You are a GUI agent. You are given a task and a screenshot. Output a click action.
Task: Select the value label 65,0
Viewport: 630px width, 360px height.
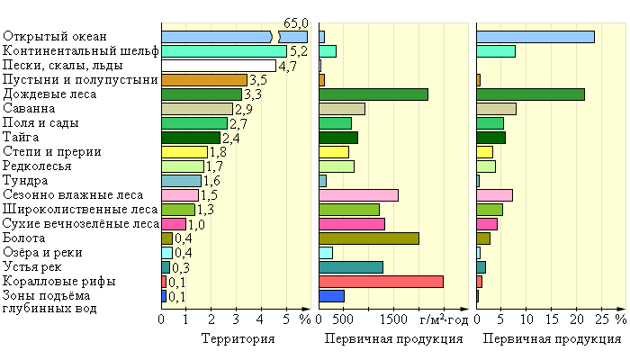click(296, 22)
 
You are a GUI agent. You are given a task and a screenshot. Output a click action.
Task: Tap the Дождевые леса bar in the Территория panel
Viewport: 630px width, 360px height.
click(202, 94)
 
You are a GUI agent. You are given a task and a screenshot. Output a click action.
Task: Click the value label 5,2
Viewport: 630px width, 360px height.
click(300, 51)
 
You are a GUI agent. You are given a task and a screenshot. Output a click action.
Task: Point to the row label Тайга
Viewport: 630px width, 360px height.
click(22, 138)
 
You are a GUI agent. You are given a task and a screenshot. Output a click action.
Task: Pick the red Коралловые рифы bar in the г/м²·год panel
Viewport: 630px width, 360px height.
click(381, 282)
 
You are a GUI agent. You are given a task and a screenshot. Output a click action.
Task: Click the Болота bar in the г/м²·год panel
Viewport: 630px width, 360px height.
click(369, 238)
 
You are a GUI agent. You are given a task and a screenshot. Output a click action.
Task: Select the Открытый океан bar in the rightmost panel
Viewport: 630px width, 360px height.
click(535, 37)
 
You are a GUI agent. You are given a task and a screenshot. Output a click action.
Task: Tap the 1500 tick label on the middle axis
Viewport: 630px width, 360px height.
click(394, 319)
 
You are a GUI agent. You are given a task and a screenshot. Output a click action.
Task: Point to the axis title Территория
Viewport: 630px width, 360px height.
click(238, 339)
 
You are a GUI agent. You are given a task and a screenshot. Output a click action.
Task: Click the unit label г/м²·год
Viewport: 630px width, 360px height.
click(444, 319)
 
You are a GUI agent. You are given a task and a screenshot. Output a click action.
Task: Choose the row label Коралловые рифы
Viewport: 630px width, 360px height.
click(58, 282)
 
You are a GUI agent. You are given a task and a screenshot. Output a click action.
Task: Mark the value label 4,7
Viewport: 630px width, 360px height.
click(288, 66)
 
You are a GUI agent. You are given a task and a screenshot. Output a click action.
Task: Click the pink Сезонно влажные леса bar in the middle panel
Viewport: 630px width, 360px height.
click(358, 195)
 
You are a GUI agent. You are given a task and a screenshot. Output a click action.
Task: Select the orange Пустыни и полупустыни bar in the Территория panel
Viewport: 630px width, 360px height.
click(203, 80)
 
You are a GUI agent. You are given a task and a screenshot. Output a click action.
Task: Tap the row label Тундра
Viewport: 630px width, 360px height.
click(27, 181)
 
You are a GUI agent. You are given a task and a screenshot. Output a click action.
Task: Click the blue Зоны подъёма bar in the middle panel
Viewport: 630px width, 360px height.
click(331, 296)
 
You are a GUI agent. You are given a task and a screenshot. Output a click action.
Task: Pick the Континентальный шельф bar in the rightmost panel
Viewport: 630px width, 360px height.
click(495, 51)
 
